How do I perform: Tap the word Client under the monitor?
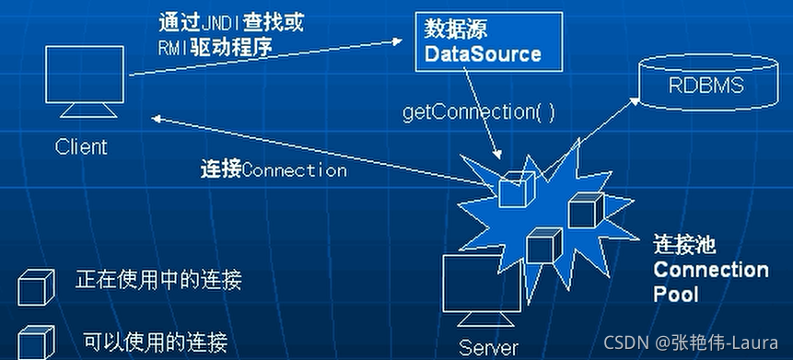(x=81, y=146)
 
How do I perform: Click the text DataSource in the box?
(x=482, y=54)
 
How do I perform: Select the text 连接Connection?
(x=274, y=169)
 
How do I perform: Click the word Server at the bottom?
(x=489, y=347)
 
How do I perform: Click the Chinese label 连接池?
(x=684, y=246)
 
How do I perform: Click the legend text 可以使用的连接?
(x=154, y=341)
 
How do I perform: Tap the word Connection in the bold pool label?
(x=710, y=271)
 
